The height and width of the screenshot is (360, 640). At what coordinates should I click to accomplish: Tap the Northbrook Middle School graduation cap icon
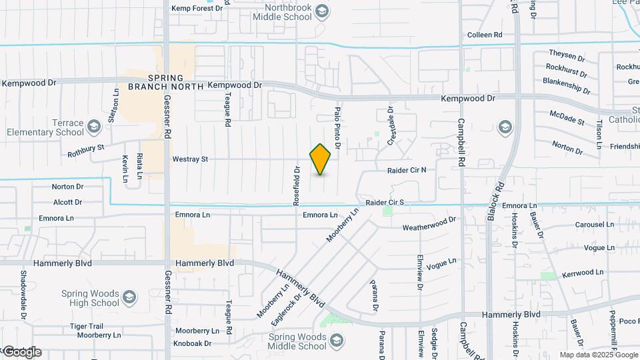coord(322,11)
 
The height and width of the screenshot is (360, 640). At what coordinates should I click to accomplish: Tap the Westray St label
coord(190,159)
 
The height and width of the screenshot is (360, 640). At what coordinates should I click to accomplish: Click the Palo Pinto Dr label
coord(338,128)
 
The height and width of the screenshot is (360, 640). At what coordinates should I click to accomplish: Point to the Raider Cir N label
coord(407,171)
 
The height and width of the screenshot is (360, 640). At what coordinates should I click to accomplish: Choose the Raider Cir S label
coord(385,202)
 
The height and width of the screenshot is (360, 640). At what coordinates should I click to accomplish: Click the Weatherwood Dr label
coord(429,223)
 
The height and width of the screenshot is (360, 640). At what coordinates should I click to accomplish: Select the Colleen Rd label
coord(484,35)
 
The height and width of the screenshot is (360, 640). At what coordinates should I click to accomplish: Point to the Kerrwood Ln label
coord(583,273)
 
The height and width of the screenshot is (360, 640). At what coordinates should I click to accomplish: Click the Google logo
coord(21,351)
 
